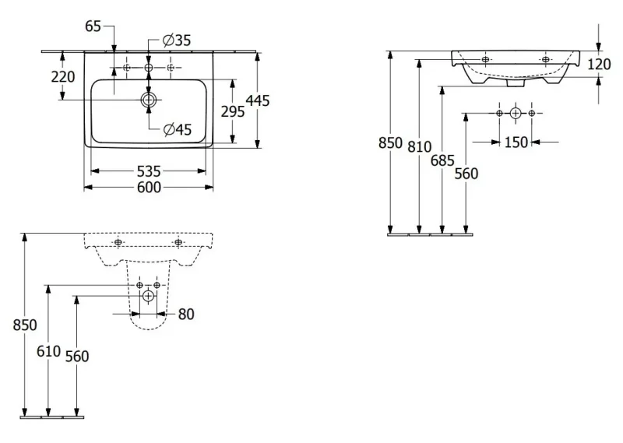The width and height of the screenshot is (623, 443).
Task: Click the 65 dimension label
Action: [93, 26]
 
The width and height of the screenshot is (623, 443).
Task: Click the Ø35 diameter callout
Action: [177, 40]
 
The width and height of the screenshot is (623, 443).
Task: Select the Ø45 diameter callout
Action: [178, 129]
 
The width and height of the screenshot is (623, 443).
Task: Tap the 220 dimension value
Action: [63, 76]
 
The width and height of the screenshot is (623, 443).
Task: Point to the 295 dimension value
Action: [233, 111]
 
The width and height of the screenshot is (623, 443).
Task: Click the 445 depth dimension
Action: [258, 100]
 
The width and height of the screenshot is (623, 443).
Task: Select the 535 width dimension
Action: [149, 171]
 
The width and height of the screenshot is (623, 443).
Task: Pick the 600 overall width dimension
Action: [149, 187]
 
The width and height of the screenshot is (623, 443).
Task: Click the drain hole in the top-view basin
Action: [149, 100]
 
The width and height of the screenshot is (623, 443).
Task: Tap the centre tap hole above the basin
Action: [149, 68]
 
